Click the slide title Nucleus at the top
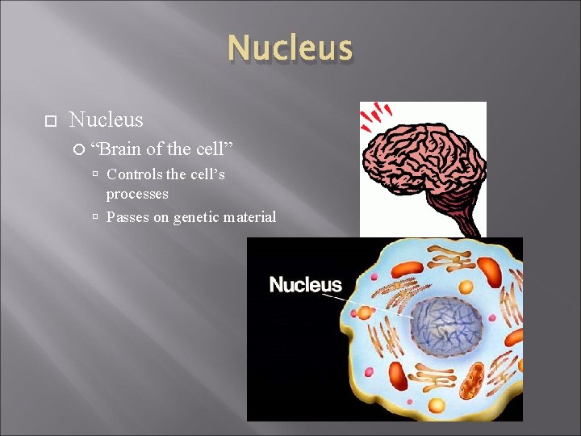click(290, 48)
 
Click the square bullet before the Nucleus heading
click(49, 121)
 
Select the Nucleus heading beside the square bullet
click(106, 120)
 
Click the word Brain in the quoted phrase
click(120, 149)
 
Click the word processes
click(137, 195)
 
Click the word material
click(251, 217)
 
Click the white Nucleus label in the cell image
click(305, 284)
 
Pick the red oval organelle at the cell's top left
click(408, 270)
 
